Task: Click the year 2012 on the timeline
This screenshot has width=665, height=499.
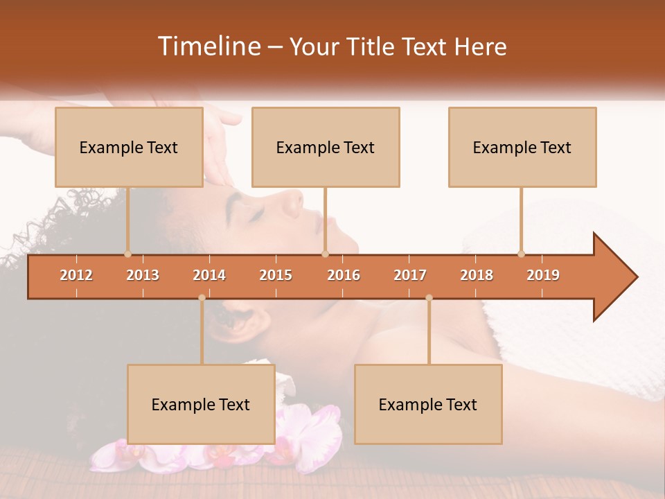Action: point(76,275)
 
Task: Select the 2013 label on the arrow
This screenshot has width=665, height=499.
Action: point(143,275)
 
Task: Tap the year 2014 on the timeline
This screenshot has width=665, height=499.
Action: point(209,275)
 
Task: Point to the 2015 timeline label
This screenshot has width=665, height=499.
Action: point(276,275)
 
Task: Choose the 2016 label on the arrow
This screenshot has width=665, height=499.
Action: point(344,275)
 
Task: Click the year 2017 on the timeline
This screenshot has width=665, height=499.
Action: point(410,275)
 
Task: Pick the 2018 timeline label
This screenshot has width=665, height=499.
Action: point(477,275)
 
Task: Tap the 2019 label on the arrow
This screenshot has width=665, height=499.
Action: point(543,275)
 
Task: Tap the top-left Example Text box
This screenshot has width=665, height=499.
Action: point(129,147)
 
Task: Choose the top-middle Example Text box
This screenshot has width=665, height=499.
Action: point(326,147)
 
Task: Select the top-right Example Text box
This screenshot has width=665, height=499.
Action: point(522,147)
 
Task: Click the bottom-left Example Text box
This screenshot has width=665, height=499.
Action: point(201,404)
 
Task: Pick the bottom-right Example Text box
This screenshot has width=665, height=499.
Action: point(428,404)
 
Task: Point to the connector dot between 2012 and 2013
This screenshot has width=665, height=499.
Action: point(127,254)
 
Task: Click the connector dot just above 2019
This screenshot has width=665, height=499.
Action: point(521,254)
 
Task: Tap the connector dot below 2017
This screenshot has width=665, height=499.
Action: point(429,298)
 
